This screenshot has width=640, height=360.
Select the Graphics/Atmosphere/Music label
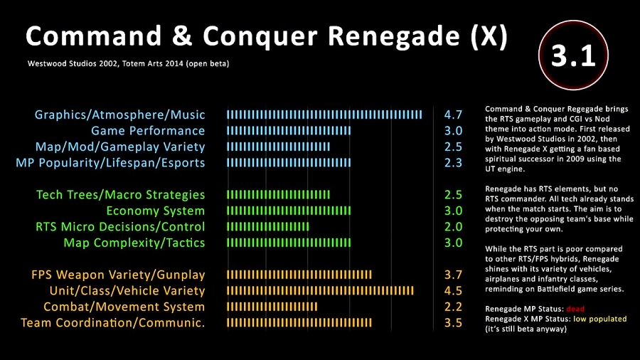[x=119, y=115]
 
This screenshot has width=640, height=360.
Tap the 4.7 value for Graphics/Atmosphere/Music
[x=453, y=115]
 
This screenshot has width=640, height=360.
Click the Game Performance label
[x=148, y=131]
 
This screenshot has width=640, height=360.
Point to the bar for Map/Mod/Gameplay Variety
[x=278, y=147]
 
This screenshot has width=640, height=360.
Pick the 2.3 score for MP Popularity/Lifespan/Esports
[x=453, y=163]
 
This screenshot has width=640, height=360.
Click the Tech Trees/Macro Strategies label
[x=121, y=195]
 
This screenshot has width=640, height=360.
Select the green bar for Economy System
[x=289, y=211]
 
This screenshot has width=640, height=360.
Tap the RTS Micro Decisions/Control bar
[x=267, y=227]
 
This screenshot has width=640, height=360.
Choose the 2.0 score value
[x=453, y=227]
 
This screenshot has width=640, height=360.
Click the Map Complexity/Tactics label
[x=134, y=243]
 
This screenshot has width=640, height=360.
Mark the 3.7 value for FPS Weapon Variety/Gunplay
[x=453, y=275]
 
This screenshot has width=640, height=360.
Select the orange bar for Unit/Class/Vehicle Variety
[x=320, y=291]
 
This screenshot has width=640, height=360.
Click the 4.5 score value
[x=453, y=291]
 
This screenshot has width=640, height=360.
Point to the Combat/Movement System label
[x=124, y=307]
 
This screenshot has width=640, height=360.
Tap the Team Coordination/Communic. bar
[x=299, y=323]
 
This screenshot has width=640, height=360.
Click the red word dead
[x=576, y=309]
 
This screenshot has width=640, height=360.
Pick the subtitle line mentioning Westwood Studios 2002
[x=128, y=63]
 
